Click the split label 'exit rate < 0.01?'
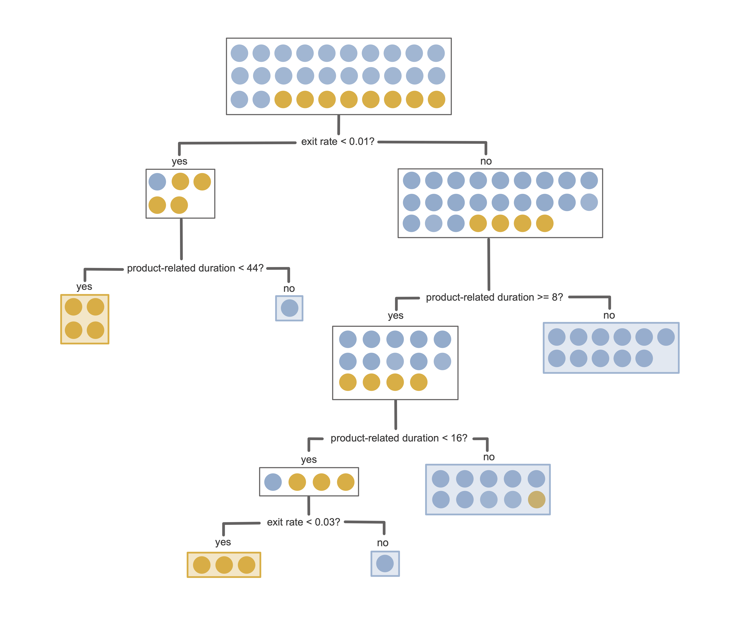click(x=337, y=142)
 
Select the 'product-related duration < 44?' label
click(x=195, y=268)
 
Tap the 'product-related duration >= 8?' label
click(x=494, y=297)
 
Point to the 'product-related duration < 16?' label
click(x=399, y=438)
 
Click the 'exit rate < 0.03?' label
click(x=303, y=522)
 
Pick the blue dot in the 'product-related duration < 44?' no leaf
click(x=289, y=308)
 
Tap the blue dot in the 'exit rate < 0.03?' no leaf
click(x=385, y=563)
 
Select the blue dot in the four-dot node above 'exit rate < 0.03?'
click(x=273, y=482)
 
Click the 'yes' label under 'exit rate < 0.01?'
click(x=179, y=161)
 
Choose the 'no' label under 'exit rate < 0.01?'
click(x=486, y=161)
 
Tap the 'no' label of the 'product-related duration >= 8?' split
click(x=609, y=315)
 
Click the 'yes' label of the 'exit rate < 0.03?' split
click(x=223, y=542)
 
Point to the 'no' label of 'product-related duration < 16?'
click(x=489, y=457)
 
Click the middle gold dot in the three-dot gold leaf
click(x=224, y=565)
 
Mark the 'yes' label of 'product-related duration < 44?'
click(x=84, y=287)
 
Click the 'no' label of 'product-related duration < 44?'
click(x=289, y=288)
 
